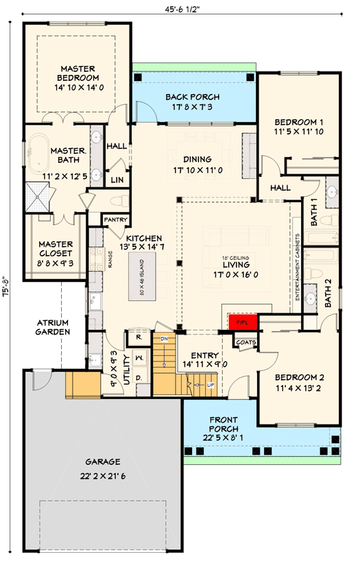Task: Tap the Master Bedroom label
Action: [x=77, y=74]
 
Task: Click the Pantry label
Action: [x=112, y=219]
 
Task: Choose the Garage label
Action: [x=101, y=462]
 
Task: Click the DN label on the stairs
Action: [x=164, y=339]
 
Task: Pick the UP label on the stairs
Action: [x=210, y=385]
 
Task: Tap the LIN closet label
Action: [x=117, y=180]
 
